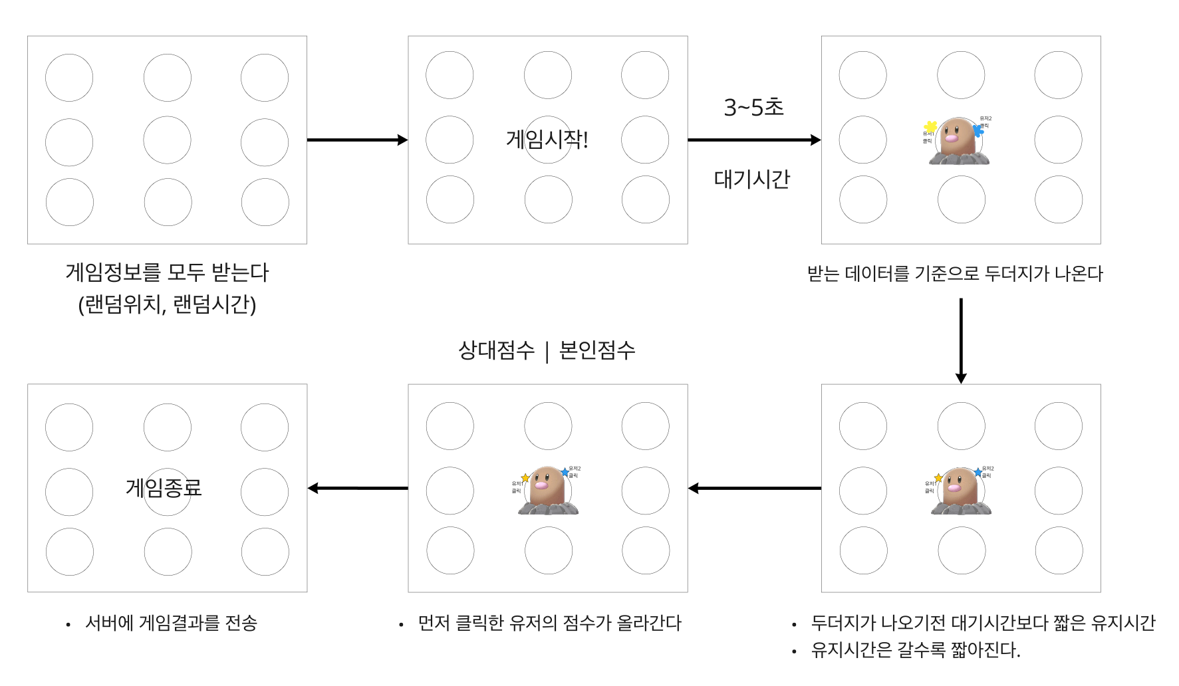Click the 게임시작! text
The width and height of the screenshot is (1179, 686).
click(x=547, y=140)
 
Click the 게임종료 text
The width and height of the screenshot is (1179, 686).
click(x=164, y=488)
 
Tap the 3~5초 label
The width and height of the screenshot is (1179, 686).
click(x=753, y=107)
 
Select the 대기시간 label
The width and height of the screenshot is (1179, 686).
click(x=752, y=179)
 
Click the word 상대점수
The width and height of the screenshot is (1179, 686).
click(x=496, y=350)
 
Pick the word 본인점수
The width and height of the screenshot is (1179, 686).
click(x=597, y=350)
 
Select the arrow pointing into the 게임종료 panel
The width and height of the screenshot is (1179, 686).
click(x=358, y=488)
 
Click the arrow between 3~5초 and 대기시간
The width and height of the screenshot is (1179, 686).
click(x=754, y=140)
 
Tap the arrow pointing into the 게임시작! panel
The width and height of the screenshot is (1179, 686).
click(x=357, y=140)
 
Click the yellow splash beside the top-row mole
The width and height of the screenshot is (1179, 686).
click(x=930, y=126)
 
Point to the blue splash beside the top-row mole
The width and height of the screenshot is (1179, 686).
click(x=978, y=130)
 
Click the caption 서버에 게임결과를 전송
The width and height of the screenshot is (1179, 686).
click(x=171, y=624)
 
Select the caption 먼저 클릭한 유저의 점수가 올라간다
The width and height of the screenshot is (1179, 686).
click(x=549, y=624)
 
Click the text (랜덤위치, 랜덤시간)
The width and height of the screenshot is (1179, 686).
click(x=167, y=304)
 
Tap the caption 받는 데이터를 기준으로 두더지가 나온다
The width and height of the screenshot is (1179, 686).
click(x=955, y=273)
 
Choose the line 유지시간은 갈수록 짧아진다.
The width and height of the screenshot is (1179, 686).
click(x=915, y=650)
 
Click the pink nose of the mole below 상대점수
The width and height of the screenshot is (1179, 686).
click(x=541, y=485)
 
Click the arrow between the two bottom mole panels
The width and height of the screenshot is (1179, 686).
click(x=754, y=488)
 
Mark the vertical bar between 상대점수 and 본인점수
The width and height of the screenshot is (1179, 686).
click(x=547, y=352)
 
